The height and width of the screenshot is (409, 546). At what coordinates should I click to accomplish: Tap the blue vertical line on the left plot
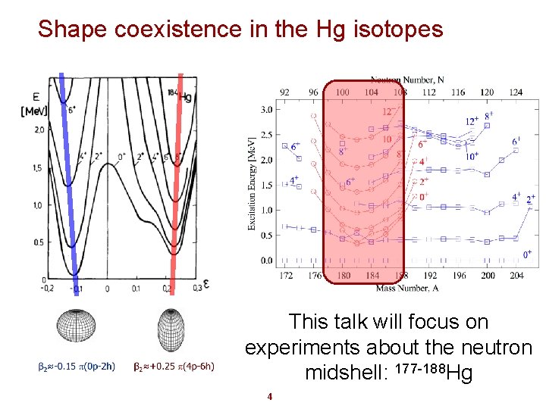tap(68, 174)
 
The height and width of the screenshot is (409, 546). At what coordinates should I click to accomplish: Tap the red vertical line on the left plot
tap(177, 174)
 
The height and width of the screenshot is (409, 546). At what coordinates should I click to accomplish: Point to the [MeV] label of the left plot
tap(33, 111)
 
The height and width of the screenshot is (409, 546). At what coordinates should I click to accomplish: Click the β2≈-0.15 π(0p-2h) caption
tap(77, 367)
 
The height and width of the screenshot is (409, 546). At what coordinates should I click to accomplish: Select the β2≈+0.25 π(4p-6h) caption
tap(174, 367)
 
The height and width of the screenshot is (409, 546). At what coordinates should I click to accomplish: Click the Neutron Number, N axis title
tap(407, 80)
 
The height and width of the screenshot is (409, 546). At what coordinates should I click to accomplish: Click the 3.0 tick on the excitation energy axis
tap(266, 110)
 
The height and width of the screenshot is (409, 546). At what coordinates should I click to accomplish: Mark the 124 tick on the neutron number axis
tap(516, 92)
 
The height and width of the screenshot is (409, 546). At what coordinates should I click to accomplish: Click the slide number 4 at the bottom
tap(269, 396)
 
